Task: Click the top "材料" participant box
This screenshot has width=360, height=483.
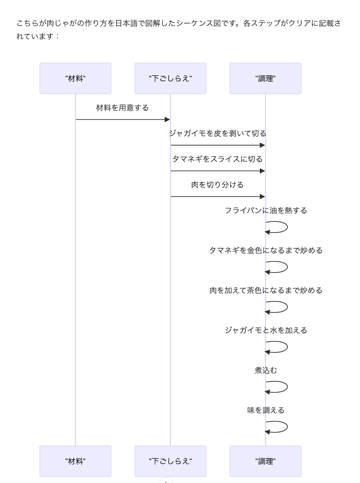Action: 75,78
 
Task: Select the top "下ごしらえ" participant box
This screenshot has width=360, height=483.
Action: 170,78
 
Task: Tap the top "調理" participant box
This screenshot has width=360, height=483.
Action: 265,78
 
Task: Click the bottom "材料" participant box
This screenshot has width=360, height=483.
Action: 75,461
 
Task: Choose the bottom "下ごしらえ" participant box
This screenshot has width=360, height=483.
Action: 170,461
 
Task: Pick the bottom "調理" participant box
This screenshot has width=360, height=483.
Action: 265,461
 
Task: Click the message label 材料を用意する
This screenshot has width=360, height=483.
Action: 122,108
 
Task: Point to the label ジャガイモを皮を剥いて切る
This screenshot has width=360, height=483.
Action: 217,133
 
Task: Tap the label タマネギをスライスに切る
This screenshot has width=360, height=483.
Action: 217,159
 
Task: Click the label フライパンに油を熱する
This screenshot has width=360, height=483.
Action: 266,211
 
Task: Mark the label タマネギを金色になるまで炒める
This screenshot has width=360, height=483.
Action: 266,250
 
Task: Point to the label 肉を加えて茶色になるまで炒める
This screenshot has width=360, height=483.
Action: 266,290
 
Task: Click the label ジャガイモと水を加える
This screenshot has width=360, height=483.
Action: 266,330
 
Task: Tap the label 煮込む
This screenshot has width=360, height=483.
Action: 266,370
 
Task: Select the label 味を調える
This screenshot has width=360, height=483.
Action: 266,410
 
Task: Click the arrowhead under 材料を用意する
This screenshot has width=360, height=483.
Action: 167,119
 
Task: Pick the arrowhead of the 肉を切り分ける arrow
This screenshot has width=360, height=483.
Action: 262,197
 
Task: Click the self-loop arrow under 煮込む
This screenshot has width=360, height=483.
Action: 287,387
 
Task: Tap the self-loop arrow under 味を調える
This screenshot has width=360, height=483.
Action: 287,427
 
